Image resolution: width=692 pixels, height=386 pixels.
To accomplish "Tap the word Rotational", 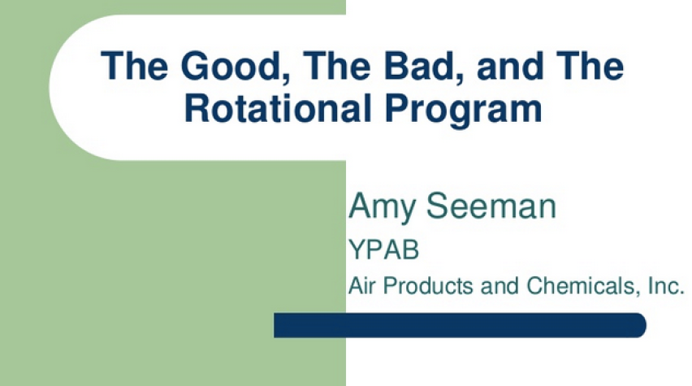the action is tap(278, 108).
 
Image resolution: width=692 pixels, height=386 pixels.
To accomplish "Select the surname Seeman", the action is tap(491, 206).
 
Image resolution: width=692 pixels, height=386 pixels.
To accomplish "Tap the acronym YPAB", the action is tap(383, 249).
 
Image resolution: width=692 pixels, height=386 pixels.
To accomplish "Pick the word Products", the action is tap(428, 285).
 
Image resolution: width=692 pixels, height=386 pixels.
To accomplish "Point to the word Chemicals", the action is tap(581, 285).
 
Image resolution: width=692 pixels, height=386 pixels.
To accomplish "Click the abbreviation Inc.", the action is tap(665, 285).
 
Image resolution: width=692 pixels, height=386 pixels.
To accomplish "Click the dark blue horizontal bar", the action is tap(460, 325).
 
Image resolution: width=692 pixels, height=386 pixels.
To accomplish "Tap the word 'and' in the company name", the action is tap(500, 285).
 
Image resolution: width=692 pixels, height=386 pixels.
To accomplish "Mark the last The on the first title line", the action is tap(590, 66).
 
